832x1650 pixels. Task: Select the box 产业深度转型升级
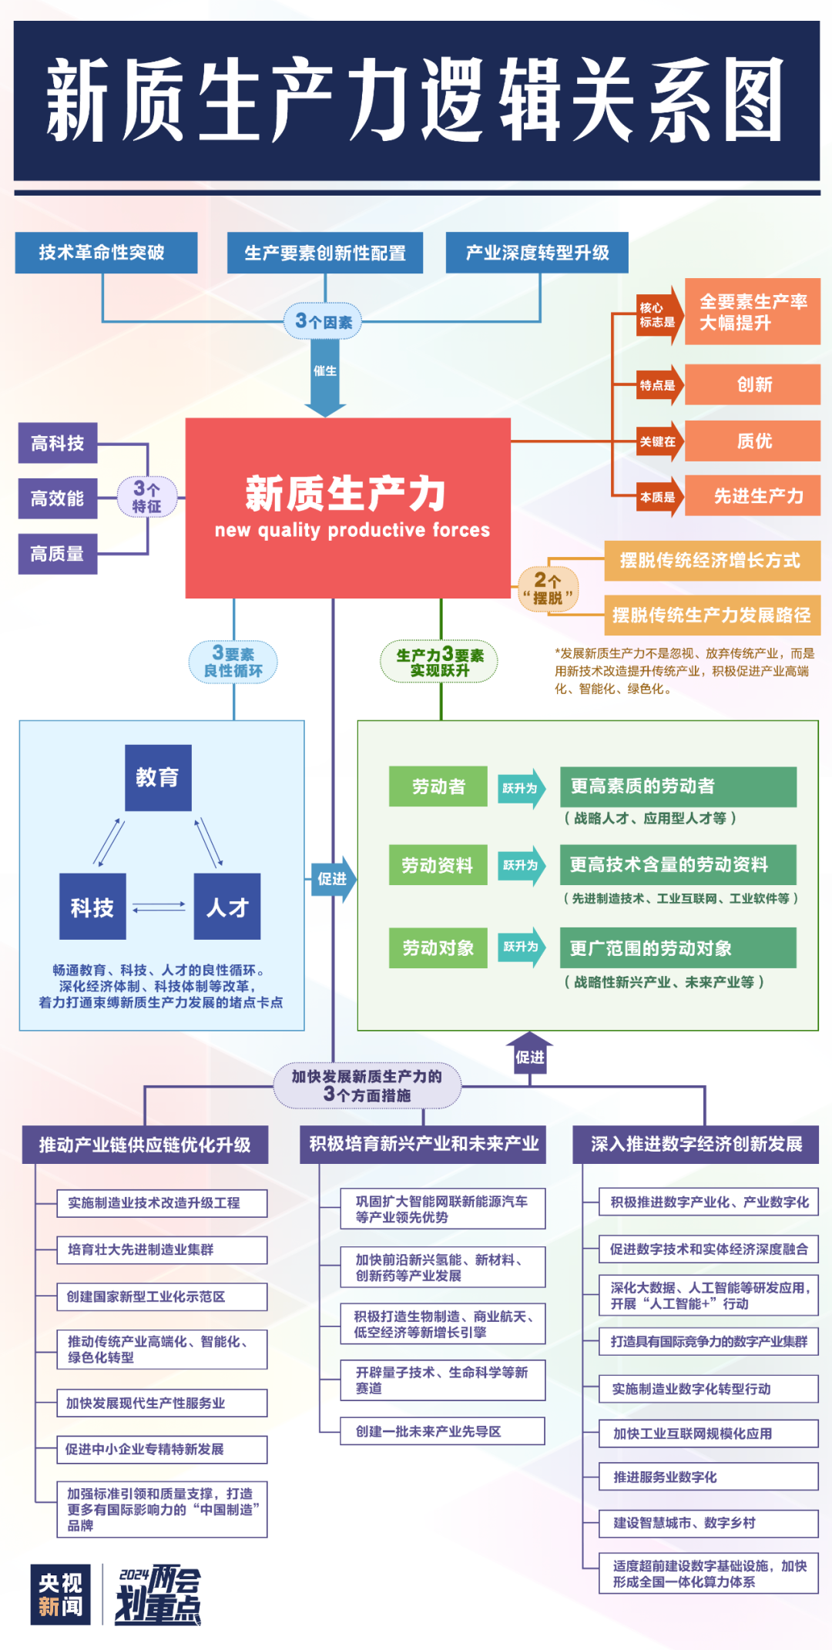[x=537, y=253]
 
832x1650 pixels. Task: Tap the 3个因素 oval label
[x=324, y=321]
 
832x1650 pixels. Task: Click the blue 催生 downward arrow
[x=325, y=377]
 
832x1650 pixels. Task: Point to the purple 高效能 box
[x=58, y=498]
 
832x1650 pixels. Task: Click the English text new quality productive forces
[x=352, y=530]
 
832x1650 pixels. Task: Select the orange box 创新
[x=753, y=384]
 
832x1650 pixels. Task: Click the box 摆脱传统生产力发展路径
[x=711, y=615]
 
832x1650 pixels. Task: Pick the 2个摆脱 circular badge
[x=548, y=589]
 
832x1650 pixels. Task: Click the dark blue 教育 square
[x=158, y=777]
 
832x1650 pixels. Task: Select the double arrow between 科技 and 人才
[x=159, y=907]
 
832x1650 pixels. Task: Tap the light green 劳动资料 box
[x=438, y=865]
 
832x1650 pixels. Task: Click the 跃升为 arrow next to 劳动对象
[x=522, y=947]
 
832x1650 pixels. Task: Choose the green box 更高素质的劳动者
[x=678, y=786]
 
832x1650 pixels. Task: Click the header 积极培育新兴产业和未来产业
[x=423, y=1144]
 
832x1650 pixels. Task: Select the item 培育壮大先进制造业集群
[x=162, y=1249]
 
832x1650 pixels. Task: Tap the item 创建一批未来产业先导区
[x=442, y=1430]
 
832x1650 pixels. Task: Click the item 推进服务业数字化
[x=708, y=1476]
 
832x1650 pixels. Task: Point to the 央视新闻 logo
[x=61, y=1594]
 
